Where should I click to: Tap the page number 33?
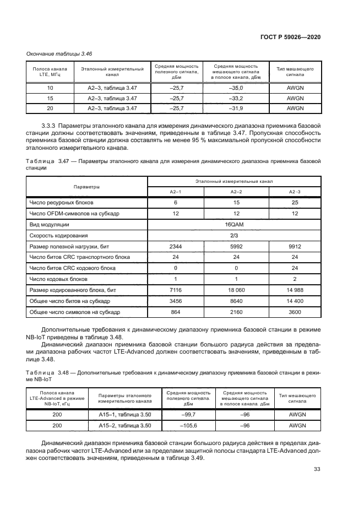[317, 469]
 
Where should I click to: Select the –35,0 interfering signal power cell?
[235, 88]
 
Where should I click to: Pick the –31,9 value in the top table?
[235, 108]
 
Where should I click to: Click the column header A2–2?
[236, 191]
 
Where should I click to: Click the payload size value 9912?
[295, 247]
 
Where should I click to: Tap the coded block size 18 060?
[236, 290]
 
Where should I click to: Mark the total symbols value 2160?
[236, 312]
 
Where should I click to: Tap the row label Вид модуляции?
[49, 225]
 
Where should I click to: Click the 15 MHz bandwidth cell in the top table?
[50, 98]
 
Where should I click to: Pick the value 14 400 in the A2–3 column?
[295, 301]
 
